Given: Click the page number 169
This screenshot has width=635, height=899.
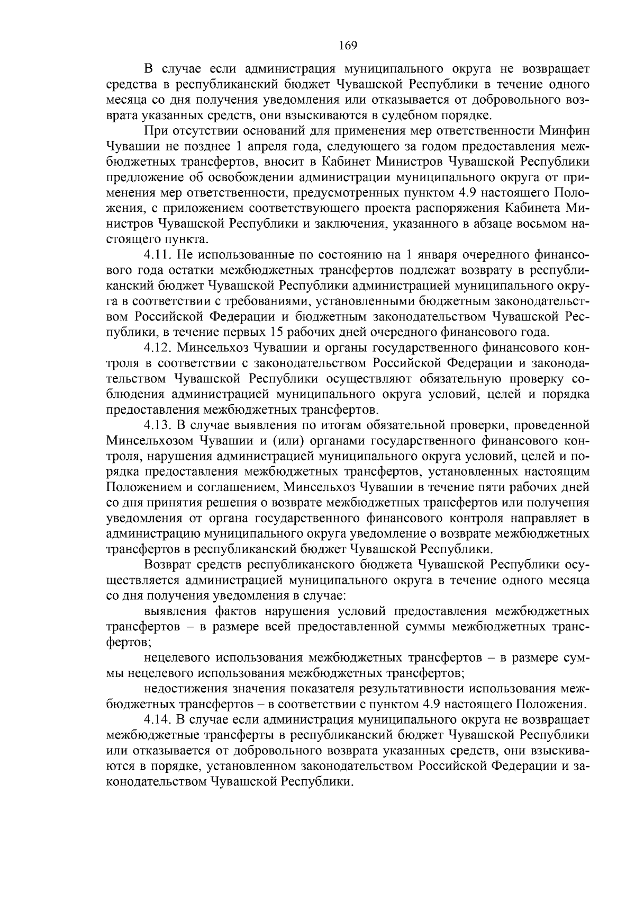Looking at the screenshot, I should tap(348, 45).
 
